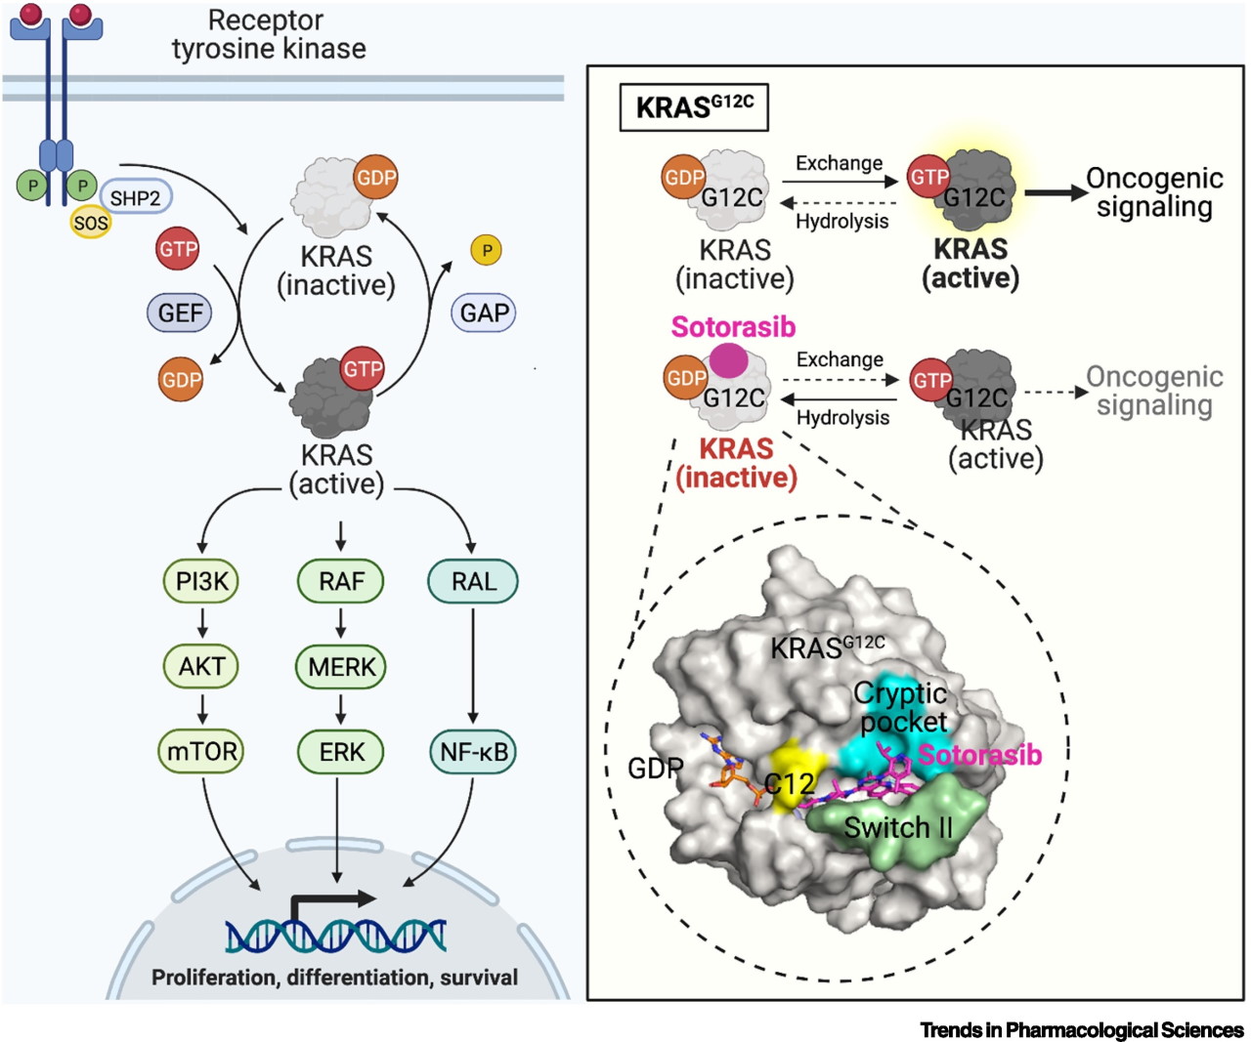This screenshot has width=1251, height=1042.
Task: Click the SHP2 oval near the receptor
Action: [136, 197]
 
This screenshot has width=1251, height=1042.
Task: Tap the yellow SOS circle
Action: [91, 223]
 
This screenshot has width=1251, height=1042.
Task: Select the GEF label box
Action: [180, 312]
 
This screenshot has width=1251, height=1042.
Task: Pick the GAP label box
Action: [484, 312]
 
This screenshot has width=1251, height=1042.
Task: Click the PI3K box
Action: [201, 581]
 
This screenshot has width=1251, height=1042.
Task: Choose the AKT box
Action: [201, 666]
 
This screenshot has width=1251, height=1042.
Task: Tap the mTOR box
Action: [201, 751]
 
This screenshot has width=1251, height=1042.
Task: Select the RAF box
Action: [341, 581]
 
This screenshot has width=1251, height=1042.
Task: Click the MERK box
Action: [341, 666]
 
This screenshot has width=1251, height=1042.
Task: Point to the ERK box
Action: [341, 751]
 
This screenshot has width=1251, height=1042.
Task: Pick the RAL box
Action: [473, 581]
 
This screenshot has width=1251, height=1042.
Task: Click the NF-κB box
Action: [473, 751]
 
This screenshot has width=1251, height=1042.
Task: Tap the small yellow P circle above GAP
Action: [487, 250]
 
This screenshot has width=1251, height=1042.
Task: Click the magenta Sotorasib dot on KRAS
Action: [729, 360]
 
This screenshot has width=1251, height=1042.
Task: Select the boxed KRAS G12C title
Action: [694, 107]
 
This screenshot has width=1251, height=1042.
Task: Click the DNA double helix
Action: [336, 936]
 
